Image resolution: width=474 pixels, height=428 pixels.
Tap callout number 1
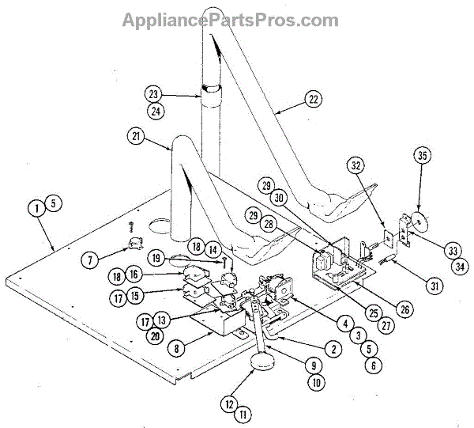[x=36, y=208]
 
